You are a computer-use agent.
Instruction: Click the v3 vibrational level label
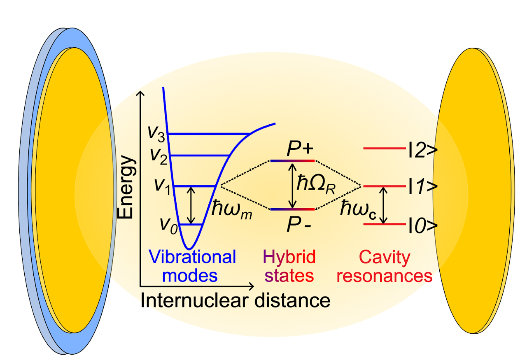156,134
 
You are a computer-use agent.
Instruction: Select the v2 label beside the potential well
159,156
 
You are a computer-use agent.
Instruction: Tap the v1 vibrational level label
162,187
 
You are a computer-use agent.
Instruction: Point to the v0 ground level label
169,226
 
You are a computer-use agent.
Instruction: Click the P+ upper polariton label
300,149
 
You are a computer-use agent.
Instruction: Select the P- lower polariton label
299,225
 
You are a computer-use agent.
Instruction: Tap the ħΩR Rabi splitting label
316,184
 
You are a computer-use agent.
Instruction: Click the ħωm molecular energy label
232,209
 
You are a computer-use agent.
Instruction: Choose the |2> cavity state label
423,150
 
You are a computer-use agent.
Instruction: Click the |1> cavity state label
423,186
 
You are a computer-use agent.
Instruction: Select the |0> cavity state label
423,225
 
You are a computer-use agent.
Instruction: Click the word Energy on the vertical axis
126,187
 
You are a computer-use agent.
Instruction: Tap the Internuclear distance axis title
235,301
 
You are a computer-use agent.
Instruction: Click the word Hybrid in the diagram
289,257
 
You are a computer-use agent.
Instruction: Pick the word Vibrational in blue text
192,257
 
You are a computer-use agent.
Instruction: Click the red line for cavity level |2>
385,149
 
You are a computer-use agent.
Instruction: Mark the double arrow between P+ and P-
292,185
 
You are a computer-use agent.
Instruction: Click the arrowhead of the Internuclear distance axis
251,286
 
